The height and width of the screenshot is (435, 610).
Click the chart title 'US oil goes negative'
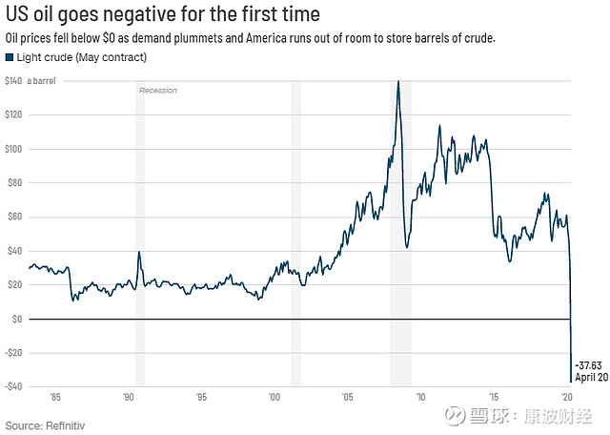[x=163, y=15]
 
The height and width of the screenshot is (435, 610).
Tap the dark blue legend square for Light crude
[x=10, y=57]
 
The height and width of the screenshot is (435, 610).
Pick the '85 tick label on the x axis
[x=55, y=396]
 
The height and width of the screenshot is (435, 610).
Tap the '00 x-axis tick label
[x=274, y=396]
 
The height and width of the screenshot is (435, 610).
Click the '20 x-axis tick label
[x=566, y=396]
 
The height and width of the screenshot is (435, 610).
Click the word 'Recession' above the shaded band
[x=158, y=90]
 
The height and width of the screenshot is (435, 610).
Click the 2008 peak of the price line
[x=397, y=81]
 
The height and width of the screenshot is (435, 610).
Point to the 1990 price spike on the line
[x=139, y=252]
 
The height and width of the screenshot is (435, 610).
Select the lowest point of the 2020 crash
[x=570, y=382]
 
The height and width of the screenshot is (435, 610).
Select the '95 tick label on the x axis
[x=201, y=396]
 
